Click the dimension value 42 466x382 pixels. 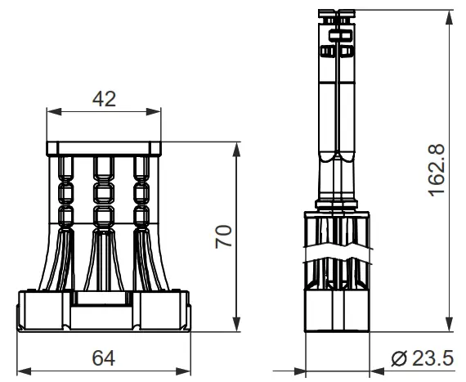click(x=103, y=98)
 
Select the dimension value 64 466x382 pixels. click(x=104, y=357)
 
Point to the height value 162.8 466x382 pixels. click(x=437, y=169)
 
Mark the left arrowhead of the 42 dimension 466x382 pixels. click(x=52, y=111)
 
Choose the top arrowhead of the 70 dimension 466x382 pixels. click(x=238, y=147)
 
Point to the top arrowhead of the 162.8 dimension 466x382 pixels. click(x=449, y=12)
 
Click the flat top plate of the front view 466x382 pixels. click(x=104, y=148)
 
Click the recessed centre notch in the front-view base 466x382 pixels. click(x=104, y=300)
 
